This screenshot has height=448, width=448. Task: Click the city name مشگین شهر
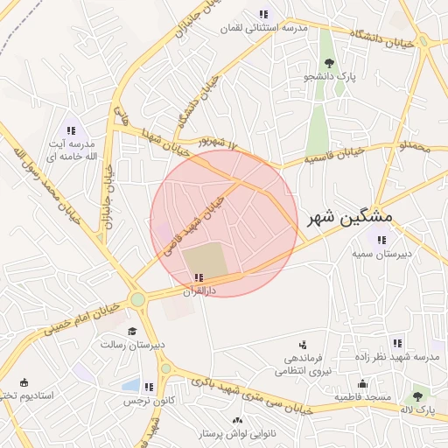pyautogui.click(x=351, y=216)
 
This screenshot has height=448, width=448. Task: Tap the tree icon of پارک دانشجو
pyautogui.click(x=329, y=62)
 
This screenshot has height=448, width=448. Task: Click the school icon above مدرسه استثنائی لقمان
pyautogui.click(x=263, y=14)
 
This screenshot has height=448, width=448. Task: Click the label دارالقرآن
pyautogui.click(x=198, y=289)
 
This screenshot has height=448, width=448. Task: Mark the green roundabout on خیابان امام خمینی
pyautogui.click(x=137, y=300)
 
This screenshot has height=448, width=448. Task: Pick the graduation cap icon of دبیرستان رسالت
pyautogui.click(x=131, y=332)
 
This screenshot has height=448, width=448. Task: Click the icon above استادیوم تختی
pyautogui.click(x=23, y=382)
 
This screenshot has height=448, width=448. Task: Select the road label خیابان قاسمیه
pyautogui.click(x=332, y=157)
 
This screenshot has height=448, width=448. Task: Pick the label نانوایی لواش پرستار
pyautogui.click(x=239, y=434)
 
